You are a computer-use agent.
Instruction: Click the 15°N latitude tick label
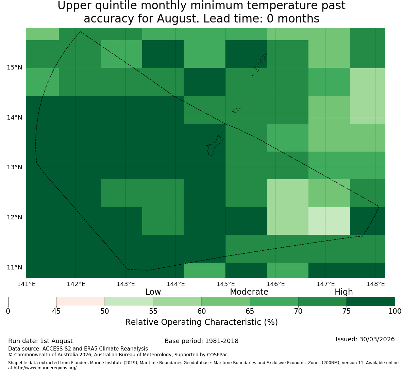point(14,68)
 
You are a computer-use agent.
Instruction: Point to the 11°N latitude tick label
point(14,268)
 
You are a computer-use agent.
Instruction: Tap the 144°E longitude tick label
point(176,284)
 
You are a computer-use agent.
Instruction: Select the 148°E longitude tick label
point(375,284)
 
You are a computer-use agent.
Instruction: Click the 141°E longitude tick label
point(26,284)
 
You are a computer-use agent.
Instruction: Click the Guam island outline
point(215,145)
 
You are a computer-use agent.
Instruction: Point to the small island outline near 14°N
point(236,110)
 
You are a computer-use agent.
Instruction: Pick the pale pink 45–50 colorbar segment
point(81,301)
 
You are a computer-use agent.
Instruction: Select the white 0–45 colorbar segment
point(32,301)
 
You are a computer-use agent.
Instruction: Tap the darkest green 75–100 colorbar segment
point(371,301)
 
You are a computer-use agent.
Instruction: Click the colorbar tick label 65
point(250,311)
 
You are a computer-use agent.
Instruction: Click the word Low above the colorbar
point(153,292)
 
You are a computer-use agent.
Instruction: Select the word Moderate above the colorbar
point(249,292)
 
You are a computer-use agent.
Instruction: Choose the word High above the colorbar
point(343,292)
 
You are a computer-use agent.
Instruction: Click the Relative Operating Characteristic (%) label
point(201,322)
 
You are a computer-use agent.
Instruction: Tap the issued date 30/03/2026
point(377,339)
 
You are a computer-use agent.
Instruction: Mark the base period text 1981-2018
point(222,341)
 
